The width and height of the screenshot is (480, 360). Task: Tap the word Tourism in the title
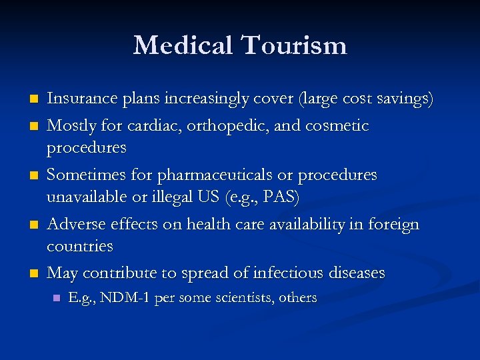click(x=293, y=45)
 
